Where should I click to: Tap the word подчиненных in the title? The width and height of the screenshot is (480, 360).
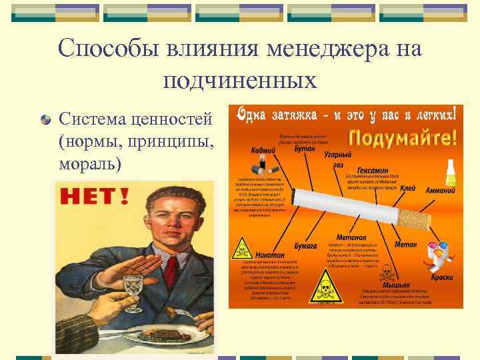[239, 81]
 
